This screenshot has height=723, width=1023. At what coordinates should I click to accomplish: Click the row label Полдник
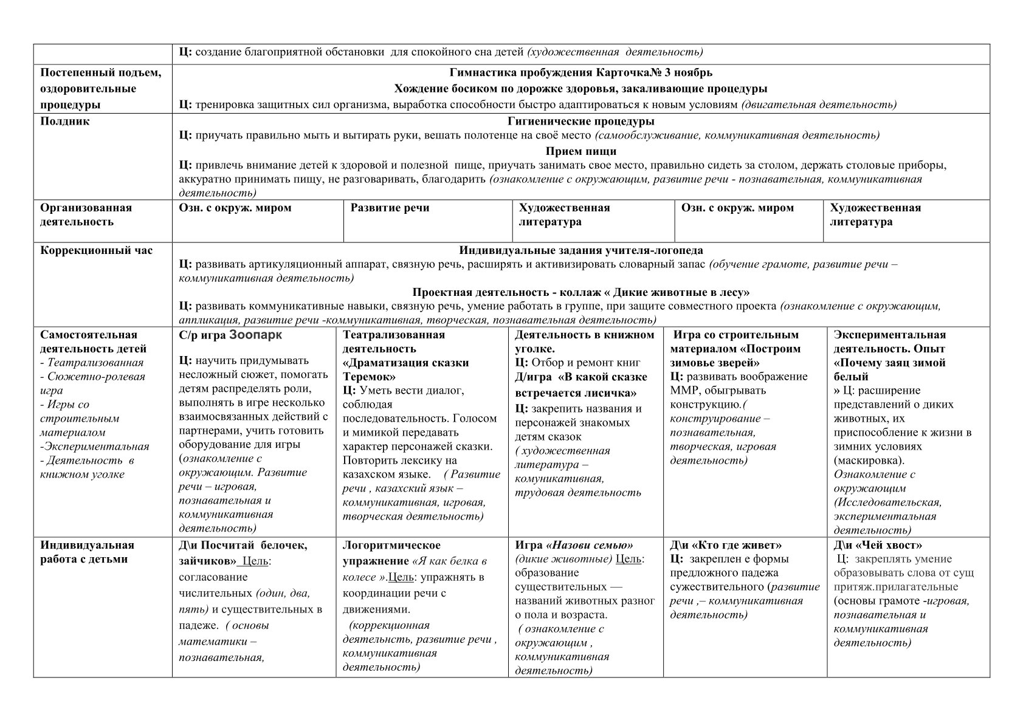point(65,121)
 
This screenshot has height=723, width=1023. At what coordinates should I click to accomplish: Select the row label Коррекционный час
point(96,250)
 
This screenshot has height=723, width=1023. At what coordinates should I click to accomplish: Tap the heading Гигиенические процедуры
point(580,121)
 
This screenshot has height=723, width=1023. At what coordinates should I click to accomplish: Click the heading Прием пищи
point(580,151)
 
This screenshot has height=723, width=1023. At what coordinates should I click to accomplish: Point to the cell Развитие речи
point(390,208)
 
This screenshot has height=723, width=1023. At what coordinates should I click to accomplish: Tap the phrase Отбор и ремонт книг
point(586,363)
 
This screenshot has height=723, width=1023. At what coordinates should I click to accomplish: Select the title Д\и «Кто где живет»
point(726,545)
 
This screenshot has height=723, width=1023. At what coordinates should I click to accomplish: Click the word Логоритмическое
point(391,545)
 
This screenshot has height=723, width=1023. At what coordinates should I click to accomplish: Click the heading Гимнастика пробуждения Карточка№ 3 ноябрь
point(580,73)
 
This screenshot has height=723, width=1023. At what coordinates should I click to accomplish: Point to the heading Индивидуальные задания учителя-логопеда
point(580,250)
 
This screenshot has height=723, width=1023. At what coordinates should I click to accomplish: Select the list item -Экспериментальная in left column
point(94,447)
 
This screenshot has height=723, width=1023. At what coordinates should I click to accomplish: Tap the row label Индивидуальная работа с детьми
point(87,552)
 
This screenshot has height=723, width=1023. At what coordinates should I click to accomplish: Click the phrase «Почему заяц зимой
point(889,363)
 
